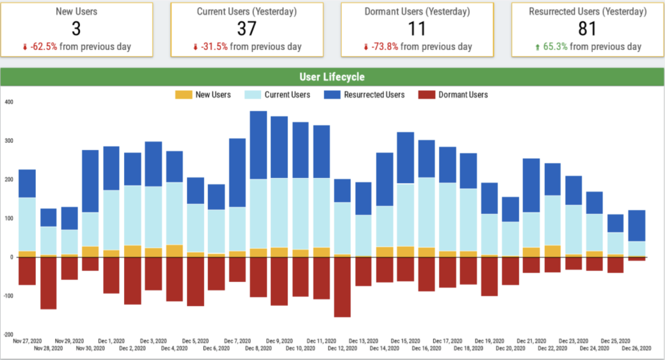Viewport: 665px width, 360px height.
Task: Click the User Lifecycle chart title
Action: (x=332, y=77)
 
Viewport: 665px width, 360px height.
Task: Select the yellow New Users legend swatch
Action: (x=184, y=95)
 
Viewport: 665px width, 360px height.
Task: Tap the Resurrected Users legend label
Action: (x=373, y=95)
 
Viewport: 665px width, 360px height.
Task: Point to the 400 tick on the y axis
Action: (x=8, y=102)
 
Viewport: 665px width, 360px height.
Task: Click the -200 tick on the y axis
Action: (x=7, y=335)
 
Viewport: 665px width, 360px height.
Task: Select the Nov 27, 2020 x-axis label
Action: (x=27, y=340)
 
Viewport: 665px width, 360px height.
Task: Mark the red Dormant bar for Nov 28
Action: (x=48, y=283)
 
